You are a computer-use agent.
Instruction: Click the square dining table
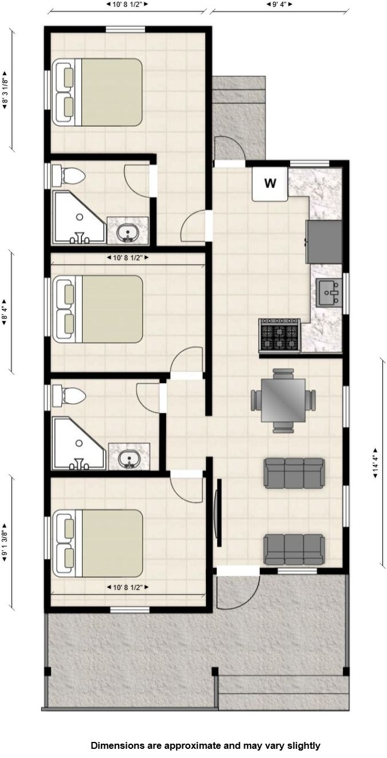(283, 400)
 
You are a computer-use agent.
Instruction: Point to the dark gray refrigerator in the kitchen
(324, 241)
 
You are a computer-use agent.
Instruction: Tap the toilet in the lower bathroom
(68, 395)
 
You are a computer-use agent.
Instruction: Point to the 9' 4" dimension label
(280, 5)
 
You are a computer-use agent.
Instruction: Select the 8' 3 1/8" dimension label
(5, 90)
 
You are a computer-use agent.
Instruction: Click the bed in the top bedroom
(97, 92)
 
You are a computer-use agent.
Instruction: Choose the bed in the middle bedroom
(97, 309)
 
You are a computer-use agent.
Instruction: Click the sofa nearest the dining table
(294, 473)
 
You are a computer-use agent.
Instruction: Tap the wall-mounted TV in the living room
(218, 513)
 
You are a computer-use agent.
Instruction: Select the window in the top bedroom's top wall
(126, 29)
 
